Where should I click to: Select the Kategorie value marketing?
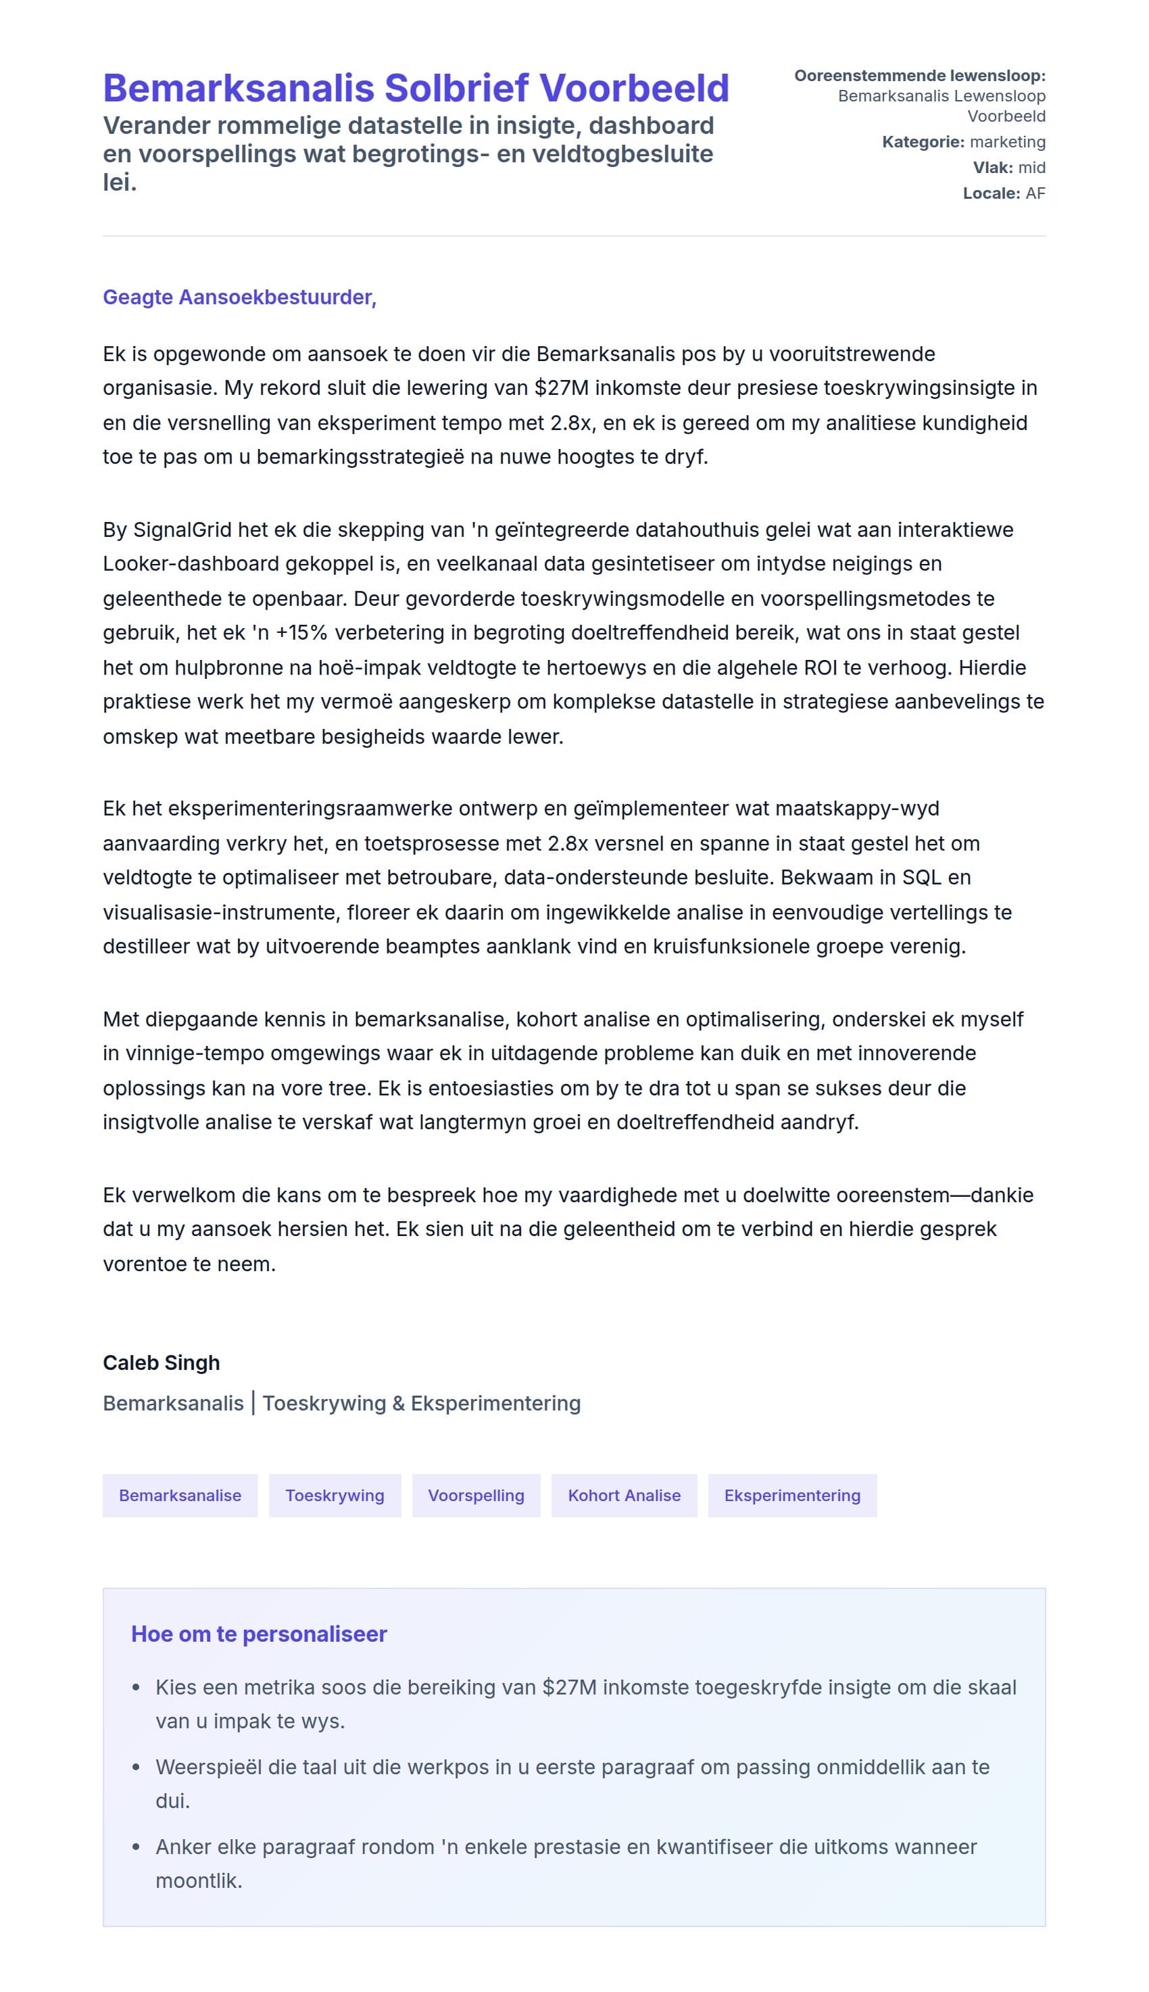point(1007,142)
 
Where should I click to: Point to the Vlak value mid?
point(1031,167)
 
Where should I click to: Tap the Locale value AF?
point(1035,193)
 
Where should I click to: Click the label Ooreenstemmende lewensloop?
point(919,76)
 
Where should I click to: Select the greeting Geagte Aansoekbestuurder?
point(239,298)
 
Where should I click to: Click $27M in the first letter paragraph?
point(561,388)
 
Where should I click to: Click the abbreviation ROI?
point(821,667)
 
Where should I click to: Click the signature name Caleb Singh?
point(161,1363)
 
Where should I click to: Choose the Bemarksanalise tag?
point(180,1496)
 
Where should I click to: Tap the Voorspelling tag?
point(476,1496)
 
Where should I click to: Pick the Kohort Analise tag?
point(625,1496)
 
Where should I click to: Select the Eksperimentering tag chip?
point(792,1496)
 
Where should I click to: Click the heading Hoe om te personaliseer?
point(259,1634)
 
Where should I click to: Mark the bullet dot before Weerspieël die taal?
point(137,1768)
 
